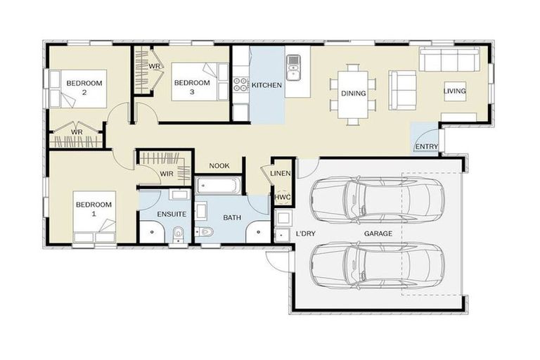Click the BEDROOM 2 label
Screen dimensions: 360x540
click(84, 88)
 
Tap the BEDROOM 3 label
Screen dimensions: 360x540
click(192, 87)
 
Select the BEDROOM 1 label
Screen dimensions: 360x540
click(94, 209)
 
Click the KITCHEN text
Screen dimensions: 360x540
click(267, 85)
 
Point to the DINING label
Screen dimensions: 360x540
click(353, 93)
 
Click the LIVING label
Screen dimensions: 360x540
click(454, 91)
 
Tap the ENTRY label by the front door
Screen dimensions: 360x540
click(427, 147)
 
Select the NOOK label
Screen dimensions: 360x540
click(219, 167)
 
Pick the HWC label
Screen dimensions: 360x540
click(282, 198)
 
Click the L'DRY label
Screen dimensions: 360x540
click(305, 233)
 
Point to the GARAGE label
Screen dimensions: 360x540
click(378, 233)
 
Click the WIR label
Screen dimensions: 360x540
click(167, 172)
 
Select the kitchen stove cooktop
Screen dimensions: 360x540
click(240, 84)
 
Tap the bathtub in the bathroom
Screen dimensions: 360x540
click(219, 186)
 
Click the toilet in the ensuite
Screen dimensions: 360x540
click(179, 232)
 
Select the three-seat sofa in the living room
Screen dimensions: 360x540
click(450, 60)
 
